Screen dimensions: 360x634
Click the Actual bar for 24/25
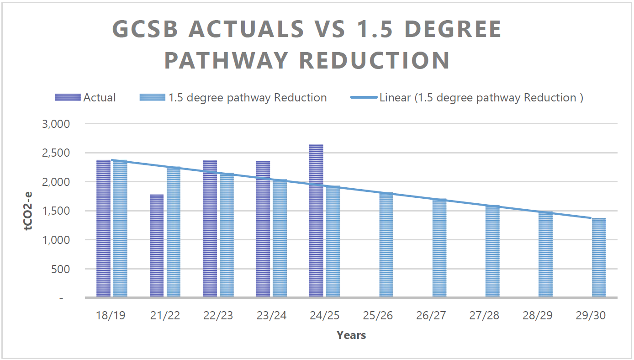(316, 222)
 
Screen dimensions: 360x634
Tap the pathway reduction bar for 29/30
(599, 258)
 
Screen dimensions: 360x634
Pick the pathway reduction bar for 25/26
(386, 245)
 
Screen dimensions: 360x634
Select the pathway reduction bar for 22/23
(227, 235)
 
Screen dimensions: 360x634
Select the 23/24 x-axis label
(271, 316)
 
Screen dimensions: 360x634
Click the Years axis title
(351, 335)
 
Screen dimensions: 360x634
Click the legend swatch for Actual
(68, 97)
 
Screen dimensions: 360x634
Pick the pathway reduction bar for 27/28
(492, 251)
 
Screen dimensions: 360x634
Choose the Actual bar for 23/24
(263, 229)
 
